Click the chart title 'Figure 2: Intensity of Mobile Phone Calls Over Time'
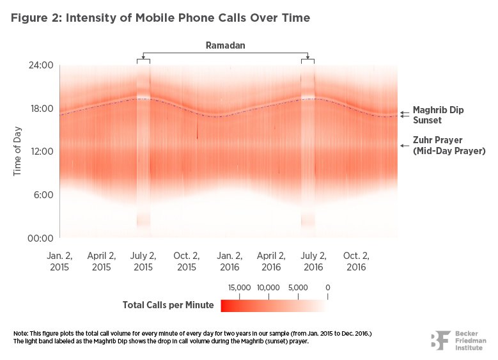pos(160,18)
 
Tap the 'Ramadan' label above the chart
pos(225,45)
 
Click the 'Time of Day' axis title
pos(18,152)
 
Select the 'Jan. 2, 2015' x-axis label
pos(59,260)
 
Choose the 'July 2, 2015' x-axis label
pos(143,260)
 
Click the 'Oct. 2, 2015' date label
pos(186,260)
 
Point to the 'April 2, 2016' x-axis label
pos(270,260)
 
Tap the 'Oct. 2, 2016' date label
pos(355,260)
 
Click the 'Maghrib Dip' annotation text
pos(438,110)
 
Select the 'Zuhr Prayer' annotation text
pos(437,140)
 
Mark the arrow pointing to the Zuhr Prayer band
pos(404,146)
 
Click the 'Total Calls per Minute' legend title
pos(168,305)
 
